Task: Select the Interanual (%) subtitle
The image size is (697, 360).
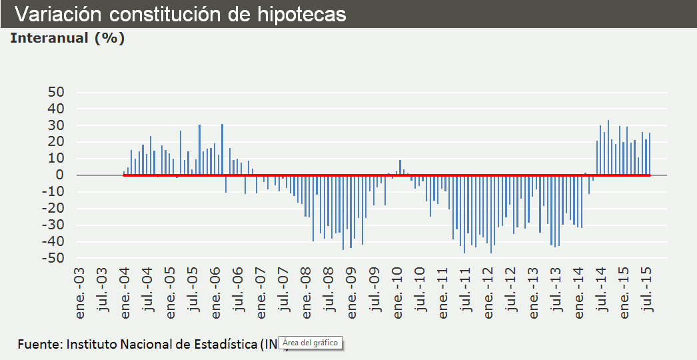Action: coord(67,38)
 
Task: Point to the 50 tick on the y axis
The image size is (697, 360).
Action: coord(56,92)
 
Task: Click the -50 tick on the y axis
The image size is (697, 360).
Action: coord(53,259)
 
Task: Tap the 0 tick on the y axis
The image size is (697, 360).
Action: coord(60,175)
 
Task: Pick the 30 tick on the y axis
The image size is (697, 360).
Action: coord(56,125)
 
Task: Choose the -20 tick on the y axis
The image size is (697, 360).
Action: coord(53,209)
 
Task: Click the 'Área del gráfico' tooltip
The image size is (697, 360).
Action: coord(310,343)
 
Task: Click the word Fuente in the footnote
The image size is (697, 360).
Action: coord(39,345)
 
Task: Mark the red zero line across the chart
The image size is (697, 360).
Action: coord(386,175)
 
